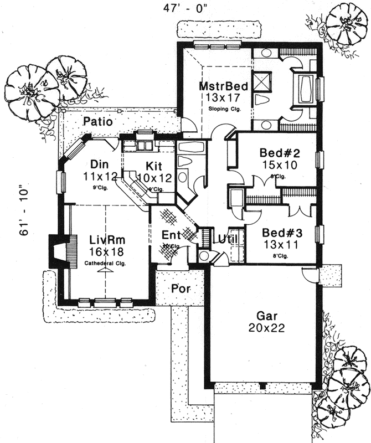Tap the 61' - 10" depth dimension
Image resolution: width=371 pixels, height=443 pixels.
tap(24, 210)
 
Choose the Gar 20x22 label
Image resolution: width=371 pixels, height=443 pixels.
tap(263, 316)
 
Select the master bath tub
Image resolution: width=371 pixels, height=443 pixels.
tap(306, 87)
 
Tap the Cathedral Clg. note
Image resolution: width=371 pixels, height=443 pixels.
tap(105, 264)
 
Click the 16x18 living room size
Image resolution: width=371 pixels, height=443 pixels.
tap(106, 252)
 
